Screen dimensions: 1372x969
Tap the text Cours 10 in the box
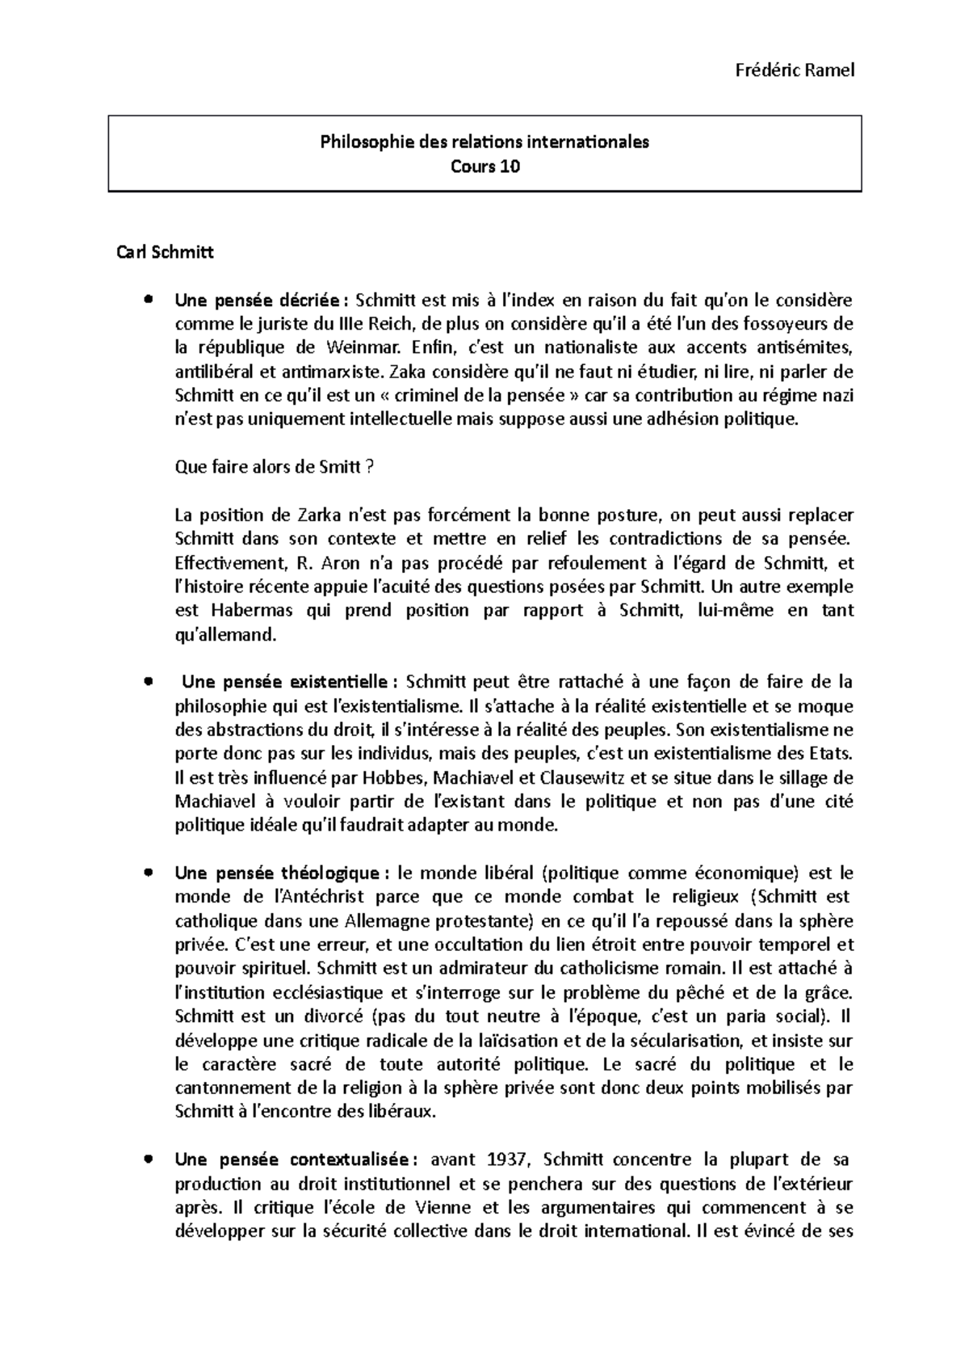coord(484,167)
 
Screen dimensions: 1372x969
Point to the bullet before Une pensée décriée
coord(147,300)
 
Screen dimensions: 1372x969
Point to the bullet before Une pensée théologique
coord(147,873)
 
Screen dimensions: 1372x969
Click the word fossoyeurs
coord(781,324)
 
